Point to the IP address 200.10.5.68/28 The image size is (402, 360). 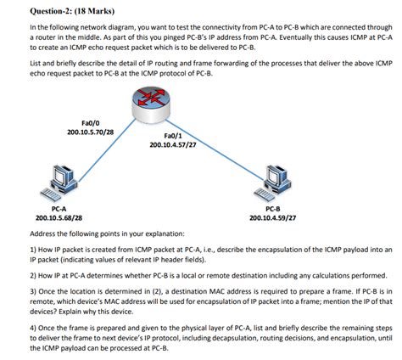(x=59, y=217)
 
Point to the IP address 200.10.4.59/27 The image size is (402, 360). (x=273, y=217)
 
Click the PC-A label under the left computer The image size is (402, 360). (x=59, y=207)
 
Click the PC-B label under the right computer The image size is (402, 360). (x=273, y=207)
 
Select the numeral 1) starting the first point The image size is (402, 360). (x=33, y=250)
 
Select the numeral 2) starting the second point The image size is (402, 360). (x=33, y=276)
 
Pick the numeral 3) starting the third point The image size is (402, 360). (x=33, y=291)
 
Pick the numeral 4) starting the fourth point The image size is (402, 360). (x=33, y=327)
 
